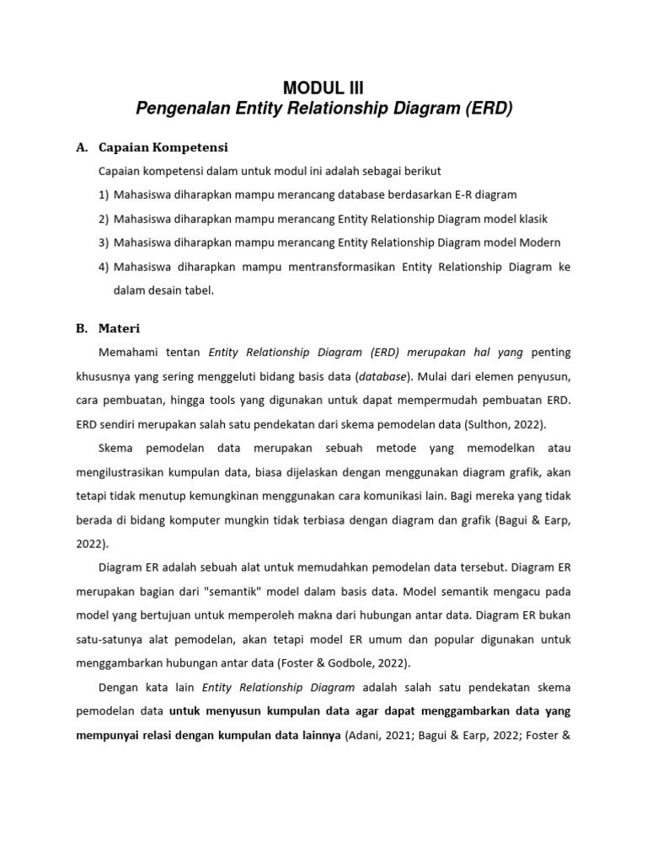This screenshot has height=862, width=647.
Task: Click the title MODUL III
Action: (323, 88)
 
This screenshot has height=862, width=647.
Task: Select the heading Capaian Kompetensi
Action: (163, 147)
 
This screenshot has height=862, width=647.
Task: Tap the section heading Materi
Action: (120, 327)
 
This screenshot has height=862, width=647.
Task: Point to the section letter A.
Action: (82, 147)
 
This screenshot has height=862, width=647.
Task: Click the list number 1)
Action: (104, 194)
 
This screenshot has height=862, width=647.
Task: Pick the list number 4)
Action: (104, 267)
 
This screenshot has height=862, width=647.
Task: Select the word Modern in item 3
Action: (541, 243)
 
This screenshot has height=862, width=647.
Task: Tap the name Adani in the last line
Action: (366, 735)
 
